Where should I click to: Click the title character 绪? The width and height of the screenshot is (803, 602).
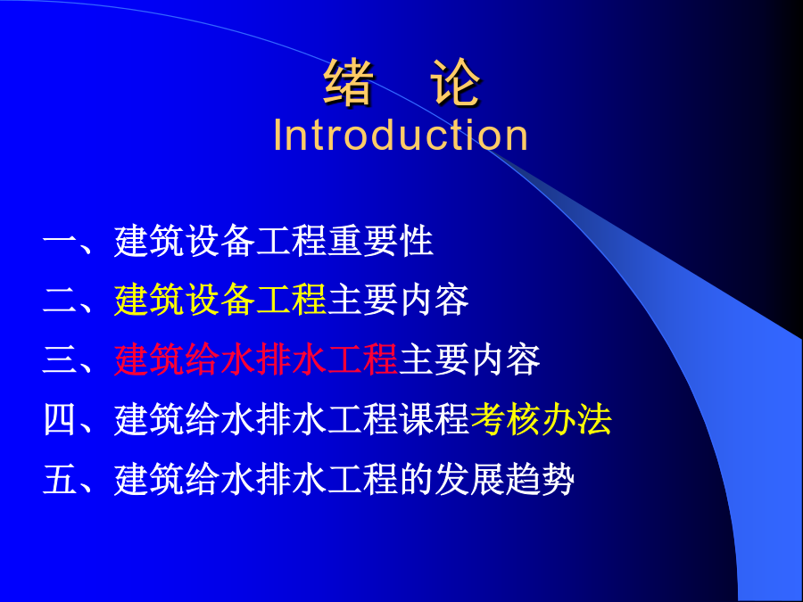pyautogui.click(x=348, y=82)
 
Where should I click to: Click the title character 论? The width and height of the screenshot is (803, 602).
pyautogui.click(x=455, y=82)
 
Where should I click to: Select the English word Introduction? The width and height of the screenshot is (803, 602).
pyautogui.click(x=401, y=135)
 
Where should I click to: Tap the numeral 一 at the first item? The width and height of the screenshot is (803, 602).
pyautogui.click(x=60, y=240)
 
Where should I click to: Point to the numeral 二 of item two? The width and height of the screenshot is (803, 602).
pyautogui.click(x=60, y=300)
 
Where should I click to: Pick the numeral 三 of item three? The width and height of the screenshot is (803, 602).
pyautogui.click(x=60, y=360)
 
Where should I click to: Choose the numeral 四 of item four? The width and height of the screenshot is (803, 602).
pyautogui.click(x=60, y=420)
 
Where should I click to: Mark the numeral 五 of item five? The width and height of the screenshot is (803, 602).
pyautogui.click(x=60, y=480)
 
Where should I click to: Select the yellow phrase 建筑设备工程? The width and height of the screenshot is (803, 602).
pyautogui.click(x=220, y=300)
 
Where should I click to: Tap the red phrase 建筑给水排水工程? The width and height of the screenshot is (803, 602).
pyautogui.click(x=256, y=360)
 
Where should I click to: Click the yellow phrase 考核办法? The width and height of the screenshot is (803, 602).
pyautogui.click(x=541, y=420)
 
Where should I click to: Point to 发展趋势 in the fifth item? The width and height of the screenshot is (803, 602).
pyautogui.click(x=504, y=480)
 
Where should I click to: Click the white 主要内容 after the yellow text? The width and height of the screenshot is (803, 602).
pyautogui.click(x=398, y=300)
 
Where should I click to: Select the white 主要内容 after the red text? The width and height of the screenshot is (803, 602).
pyautogui.click(x=469, y=360)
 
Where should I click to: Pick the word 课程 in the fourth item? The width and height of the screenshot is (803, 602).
pyautogui.click(x=435, y=420)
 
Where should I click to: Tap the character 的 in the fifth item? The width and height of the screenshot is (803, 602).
pyautogui.click(x=417, y=480)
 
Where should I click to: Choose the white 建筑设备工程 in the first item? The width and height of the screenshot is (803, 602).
pyautogui.click(x=220, y=241)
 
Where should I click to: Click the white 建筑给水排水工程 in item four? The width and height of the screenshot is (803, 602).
pyautogui.click(x=256, y=420)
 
